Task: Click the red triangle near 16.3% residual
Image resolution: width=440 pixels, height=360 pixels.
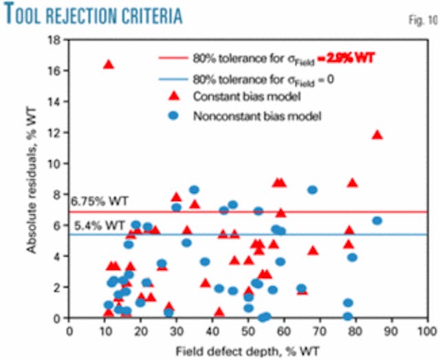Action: click(108, 65)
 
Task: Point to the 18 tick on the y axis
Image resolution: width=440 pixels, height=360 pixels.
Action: click(56, 40)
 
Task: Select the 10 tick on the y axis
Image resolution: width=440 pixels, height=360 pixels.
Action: click(56, 164)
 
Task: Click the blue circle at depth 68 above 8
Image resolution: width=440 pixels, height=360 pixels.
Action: click(312, 190)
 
